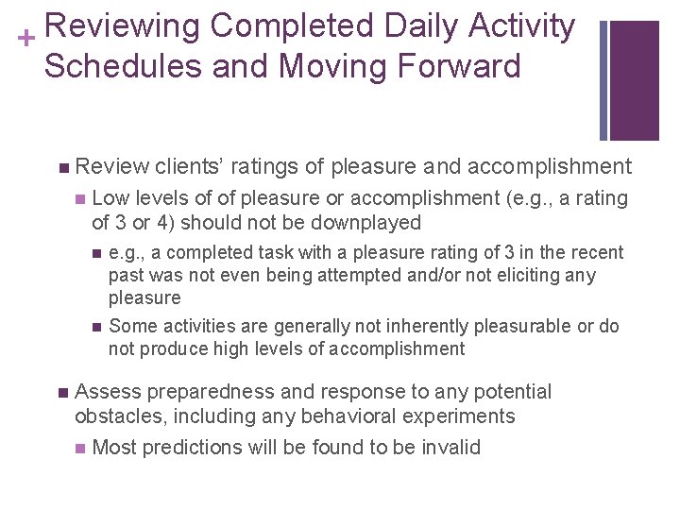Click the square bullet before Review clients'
pyautogui.click(x=62, y=168)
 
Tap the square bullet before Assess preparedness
pyautogui.click(x=62, y=392)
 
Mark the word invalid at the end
pyautogui.click(x=450, y=447)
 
